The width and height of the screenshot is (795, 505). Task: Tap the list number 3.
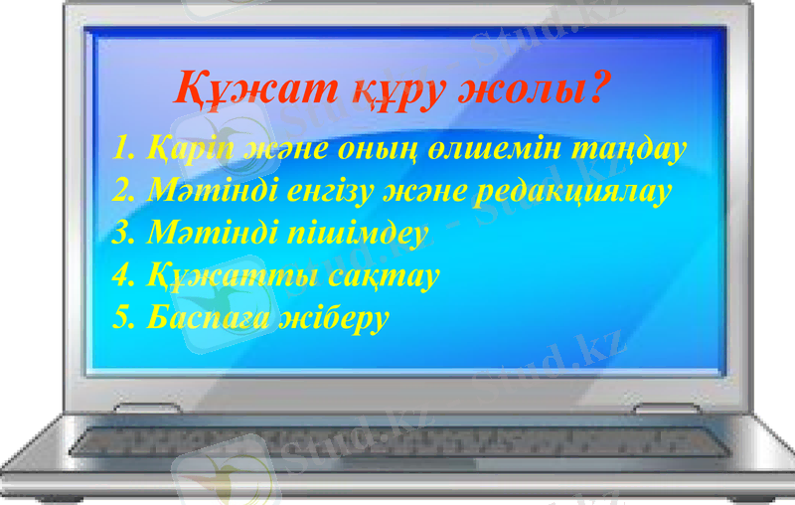121,234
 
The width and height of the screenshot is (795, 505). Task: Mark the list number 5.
121,318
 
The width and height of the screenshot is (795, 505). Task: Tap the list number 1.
120,150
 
